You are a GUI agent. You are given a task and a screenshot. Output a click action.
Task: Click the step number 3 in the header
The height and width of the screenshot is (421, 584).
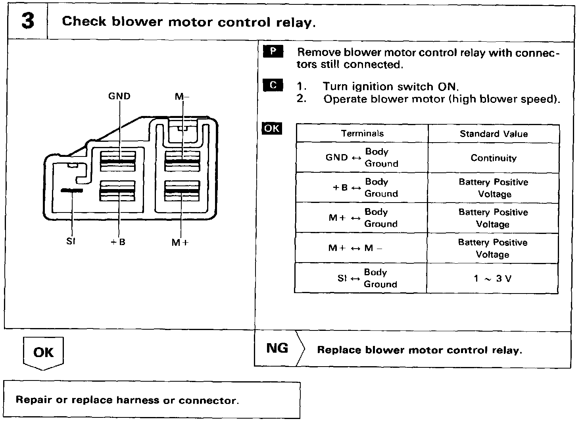[x=28, y=21]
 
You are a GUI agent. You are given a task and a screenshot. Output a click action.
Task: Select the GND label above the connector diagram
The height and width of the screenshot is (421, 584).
[x=119, y=96]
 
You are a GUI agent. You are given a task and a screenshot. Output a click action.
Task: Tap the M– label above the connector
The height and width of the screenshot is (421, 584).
[x=182, y=96]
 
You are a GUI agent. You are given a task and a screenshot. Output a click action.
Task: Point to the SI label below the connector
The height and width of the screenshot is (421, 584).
[x=71, y=241]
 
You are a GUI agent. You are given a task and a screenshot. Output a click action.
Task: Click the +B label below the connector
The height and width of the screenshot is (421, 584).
[x=118, y=241]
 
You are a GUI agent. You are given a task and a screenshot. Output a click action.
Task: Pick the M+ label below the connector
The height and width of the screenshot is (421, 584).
[x=180, y=242]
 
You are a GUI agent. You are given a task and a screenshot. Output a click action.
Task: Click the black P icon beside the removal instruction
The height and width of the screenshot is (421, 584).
[x=273, y=52]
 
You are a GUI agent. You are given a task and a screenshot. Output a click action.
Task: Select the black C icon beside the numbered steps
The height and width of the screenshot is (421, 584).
[x=273, y=85]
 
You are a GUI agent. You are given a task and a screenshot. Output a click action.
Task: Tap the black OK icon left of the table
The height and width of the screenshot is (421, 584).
[x=272, y=129]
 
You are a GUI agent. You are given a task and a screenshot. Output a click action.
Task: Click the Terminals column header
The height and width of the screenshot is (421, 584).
[x=362, y=133]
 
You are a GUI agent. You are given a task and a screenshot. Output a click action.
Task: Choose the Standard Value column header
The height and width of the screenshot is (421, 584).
[x=494, y=134]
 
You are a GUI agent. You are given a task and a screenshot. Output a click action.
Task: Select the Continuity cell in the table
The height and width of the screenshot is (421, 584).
[x=494, y=158]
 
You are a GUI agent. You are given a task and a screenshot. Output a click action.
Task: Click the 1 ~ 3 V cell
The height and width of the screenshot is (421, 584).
[x=492, y=278]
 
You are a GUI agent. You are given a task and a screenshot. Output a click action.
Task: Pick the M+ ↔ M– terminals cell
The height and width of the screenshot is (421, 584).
[x=355, y=248]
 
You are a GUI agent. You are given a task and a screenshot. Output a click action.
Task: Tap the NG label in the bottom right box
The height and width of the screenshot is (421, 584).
[x=277, y=348]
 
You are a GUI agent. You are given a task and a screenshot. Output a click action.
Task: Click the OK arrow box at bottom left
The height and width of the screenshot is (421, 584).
[x=43, y=352]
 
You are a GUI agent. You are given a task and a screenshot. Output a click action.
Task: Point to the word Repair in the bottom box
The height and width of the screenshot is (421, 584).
[x=34, y=400]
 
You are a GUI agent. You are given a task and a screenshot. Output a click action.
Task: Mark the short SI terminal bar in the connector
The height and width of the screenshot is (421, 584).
[x=71, y=191]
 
